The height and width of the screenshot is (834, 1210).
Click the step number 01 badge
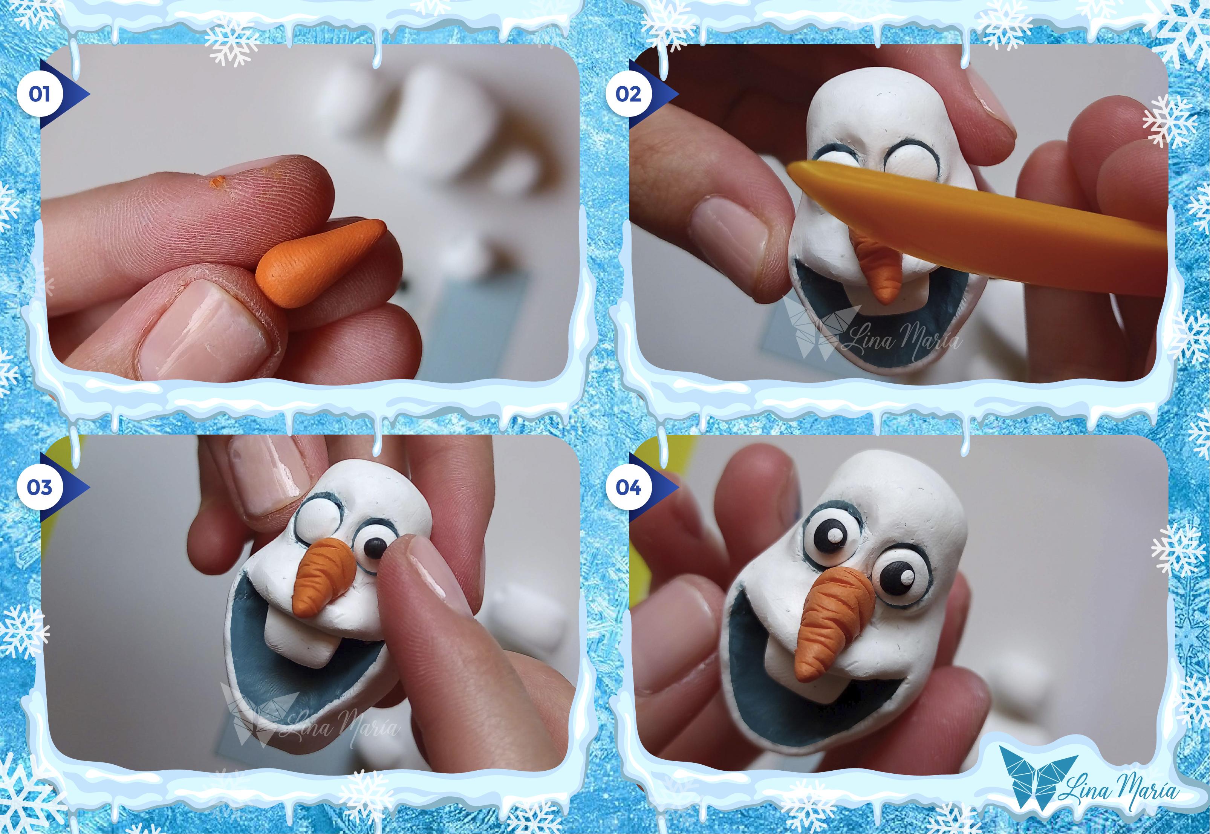click(x=39, y=95)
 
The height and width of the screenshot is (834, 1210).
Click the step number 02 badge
click(x=628, y=95)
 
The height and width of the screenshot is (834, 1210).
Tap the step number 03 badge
click(x=39, y=487)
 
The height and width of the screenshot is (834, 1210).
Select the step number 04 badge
click(x=628, y=487)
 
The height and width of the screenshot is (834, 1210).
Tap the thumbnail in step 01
click(x=204, y=327)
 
